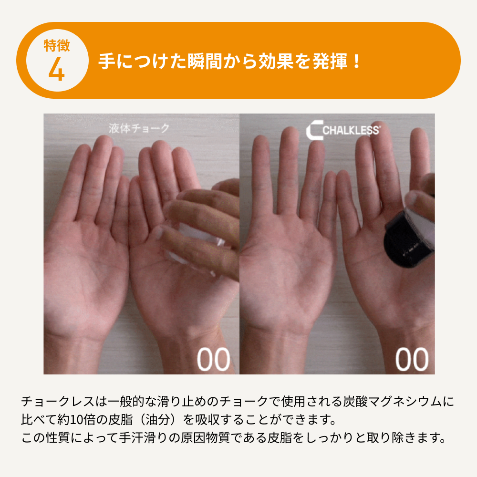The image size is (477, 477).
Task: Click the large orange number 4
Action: click(x=57, y=69)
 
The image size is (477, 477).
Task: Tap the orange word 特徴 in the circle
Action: click(x=57, y=46)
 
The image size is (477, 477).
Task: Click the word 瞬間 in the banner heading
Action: click(x=205, y=61)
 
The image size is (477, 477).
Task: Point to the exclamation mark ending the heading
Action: click(x=356, y=61)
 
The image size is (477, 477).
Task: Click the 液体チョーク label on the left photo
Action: click(x=139, y=128)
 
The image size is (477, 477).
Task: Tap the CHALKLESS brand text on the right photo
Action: click(x=351, y=131)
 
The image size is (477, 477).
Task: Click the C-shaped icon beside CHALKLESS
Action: click(x=314, y=130)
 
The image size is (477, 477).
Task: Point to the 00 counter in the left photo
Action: click(x=213, y=359)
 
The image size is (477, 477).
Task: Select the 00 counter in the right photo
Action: click(x=412, y=359)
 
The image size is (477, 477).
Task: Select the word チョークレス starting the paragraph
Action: click(x=58, y=402)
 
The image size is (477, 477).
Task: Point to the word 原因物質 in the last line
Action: click(x=205, y=438)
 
